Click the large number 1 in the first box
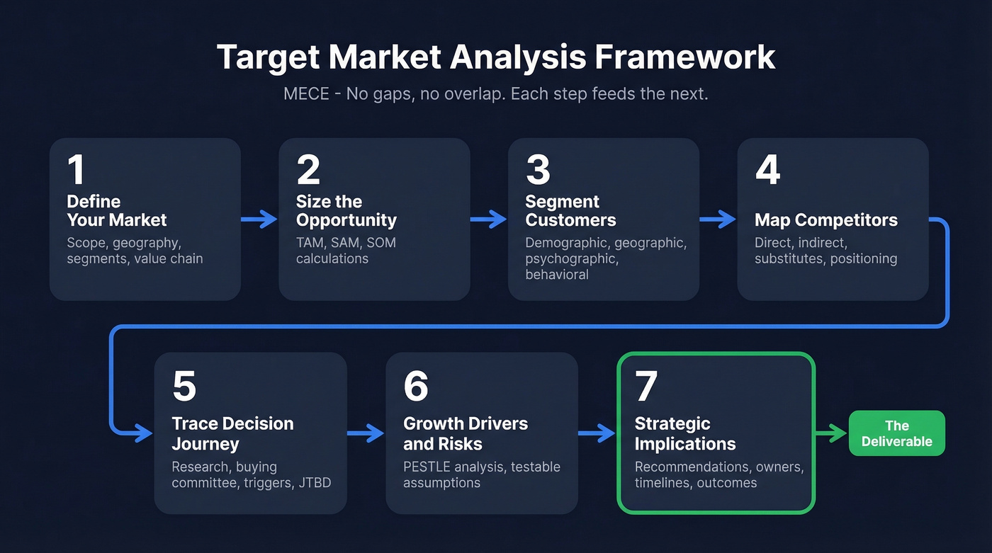coord(76,170)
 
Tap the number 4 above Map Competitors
coord(767,170)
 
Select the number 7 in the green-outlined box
coord(646,386)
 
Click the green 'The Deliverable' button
coord(896,433)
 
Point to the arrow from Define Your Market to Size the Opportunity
coord(259,220)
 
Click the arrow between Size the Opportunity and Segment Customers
coord(489,220)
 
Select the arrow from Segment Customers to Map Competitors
coord(718,220)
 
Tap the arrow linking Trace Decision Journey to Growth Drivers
coord(366,433)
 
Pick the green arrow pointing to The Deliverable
coord(831,433)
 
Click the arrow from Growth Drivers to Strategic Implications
coord(597,433)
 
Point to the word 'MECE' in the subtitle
coord(306,93)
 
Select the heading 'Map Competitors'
coord(825,220)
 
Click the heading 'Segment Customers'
coord(570,211)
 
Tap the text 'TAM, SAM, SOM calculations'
coord(346,251)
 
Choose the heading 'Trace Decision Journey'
coord(232,433)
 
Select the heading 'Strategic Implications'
coord(685,433)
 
